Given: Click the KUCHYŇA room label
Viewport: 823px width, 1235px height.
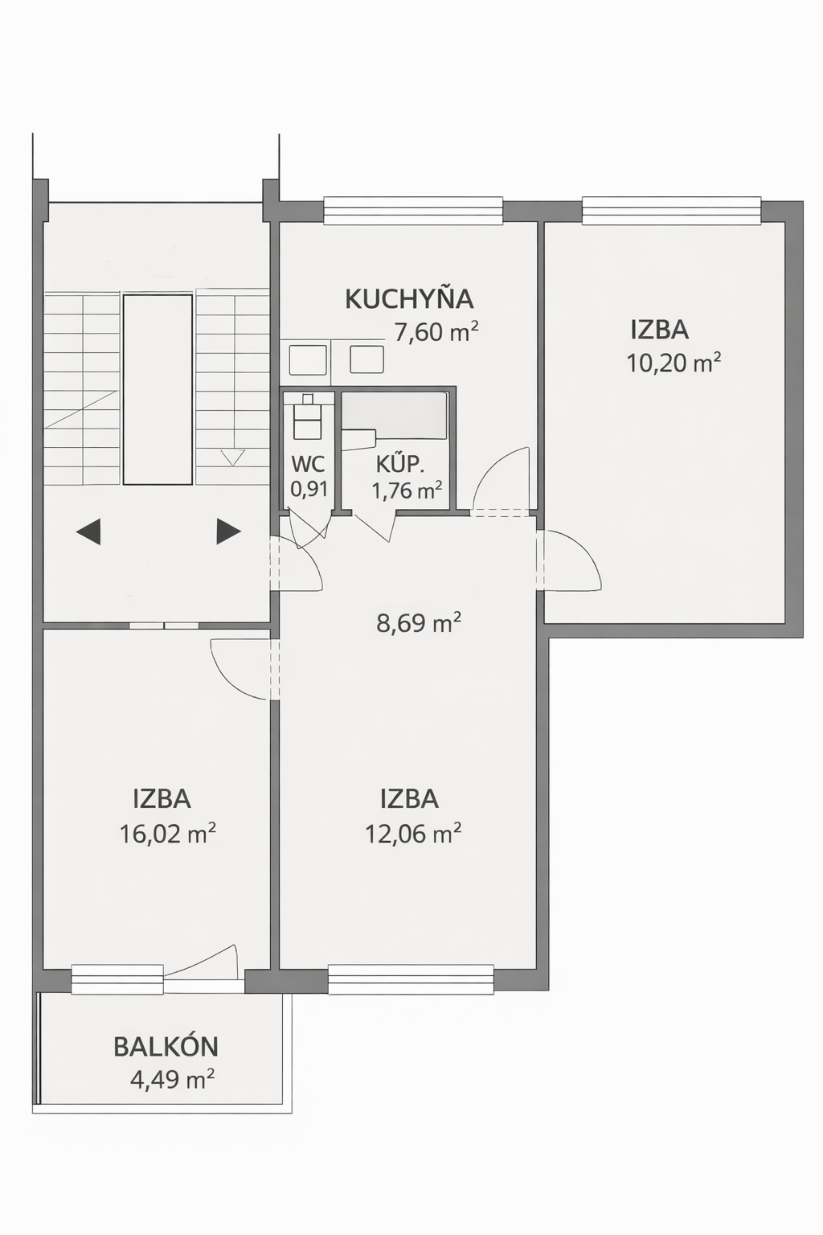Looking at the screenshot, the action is [x=409, y=299].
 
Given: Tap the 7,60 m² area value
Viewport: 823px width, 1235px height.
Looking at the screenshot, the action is [x=436, y=333].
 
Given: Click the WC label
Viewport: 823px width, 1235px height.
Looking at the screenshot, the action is [x=309, y=465].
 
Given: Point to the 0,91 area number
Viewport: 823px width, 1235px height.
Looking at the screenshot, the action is [x=309, y=490].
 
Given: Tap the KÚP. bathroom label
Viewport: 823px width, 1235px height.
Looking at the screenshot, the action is [x=400, y=464].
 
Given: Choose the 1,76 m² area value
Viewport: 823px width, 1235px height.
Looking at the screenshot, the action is [x=407, y=490].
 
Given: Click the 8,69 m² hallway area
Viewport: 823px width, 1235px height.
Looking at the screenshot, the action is [x=419, y=624].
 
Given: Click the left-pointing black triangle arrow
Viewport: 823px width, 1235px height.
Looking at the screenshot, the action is [x=88, y=531].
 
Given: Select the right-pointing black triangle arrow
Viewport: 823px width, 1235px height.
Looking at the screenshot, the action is [x=229, y=531].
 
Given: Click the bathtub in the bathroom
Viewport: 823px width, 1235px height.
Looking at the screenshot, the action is [x=394, y=415].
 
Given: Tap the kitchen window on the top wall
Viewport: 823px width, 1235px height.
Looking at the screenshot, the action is [x=413, y=211].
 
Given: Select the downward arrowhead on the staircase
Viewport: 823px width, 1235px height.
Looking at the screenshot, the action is [x=233, y=458].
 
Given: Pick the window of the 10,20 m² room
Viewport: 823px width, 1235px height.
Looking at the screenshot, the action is [x=671, y=211].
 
